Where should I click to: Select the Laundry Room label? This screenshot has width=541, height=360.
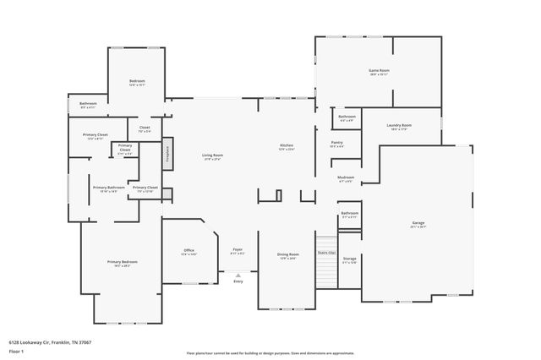399,127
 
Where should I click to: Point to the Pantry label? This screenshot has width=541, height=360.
336,144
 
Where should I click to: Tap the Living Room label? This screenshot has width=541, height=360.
212,156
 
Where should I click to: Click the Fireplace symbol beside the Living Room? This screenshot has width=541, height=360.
167,150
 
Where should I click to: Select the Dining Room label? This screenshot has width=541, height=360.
288,255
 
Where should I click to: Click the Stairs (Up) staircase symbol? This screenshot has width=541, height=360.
326,269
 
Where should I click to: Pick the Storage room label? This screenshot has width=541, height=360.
349,259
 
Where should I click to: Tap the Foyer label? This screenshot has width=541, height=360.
238,251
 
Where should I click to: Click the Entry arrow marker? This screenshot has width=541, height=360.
238,275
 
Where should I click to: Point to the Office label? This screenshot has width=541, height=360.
189,252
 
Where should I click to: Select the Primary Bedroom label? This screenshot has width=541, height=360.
123,263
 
